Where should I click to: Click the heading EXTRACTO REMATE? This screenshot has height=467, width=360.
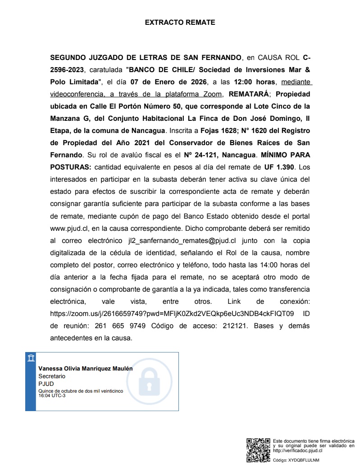[x=180, y=22]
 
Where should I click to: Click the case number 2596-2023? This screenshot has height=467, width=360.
[x=67, y=70]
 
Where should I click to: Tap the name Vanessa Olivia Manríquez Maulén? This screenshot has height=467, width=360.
[x=86, y=368]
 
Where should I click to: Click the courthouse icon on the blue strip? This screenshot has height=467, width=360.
[x=31, y=358]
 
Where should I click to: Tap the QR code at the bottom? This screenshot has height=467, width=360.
[x=258, y=450]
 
